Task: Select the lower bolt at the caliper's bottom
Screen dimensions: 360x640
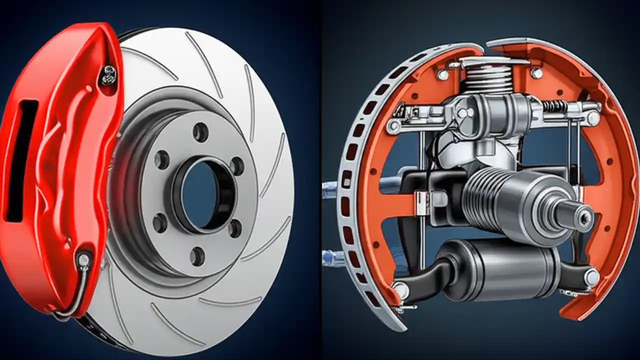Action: click(x=83, y=260)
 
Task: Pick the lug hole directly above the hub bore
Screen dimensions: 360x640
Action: click(x=201, y=132)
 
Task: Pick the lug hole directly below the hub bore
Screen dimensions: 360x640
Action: click(x=197, y=256)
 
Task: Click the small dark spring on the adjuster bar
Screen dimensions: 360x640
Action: click(x=555, y=106)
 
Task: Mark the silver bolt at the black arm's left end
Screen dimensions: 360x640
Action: click(x=401, y=289)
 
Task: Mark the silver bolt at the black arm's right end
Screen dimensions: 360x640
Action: click(x=591, y=278)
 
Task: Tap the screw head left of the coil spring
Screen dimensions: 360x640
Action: click(x=442, y=74)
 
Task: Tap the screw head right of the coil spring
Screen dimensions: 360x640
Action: click(x=536, y=73)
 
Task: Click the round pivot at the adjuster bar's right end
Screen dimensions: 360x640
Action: click(x=593, y=118)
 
